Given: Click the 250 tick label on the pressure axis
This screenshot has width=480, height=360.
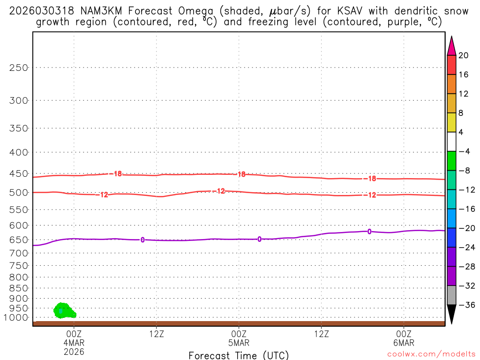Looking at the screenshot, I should pyautogui.click(x=19, y=67).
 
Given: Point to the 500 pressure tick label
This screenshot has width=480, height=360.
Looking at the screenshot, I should pyautogui.click(x=19, y=193).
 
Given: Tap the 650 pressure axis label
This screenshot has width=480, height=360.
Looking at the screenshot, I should pyautogui.click(x=19, y=240).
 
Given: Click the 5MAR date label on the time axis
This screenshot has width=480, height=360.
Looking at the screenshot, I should pyautogui.click(x=239, y=343).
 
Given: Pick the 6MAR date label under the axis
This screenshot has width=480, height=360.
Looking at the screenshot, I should pyautogui.click(x=404, y=343).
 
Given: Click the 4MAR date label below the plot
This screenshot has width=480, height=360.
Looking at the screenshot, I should pyautogui.click(x=74, y=343).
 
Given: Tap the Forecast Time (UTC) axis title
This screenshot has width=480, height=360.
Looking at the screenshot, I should pyautogui.click(x=239, y=355).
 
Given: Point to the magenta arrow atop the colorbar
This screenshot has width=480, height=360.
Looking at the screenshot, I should pyautogui.click(x=452, y=45).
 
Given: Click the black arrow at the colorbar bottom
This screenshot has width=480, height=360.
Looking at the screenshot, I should pyautogui.click(x=452, y=314).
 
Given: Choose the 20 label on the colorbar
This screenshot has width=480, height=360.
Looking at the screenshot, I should pyautogui.click(x=463, y=56).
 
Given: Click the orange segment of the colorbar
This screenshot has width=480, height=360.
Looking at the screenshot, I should pyautogui.click(x=452, y=84).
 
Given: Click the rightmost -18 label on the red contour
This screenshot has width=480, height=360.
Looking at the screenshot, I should pyautogui.click(x=372, y=179).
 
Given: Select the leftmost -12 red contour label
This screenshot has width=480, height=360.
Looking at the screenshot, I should pyautogui.click(x=104, y=195).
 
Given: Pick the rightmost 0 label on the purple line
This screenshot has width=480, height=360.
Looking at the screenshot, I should pyautogui.click(x=369, y=232).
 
